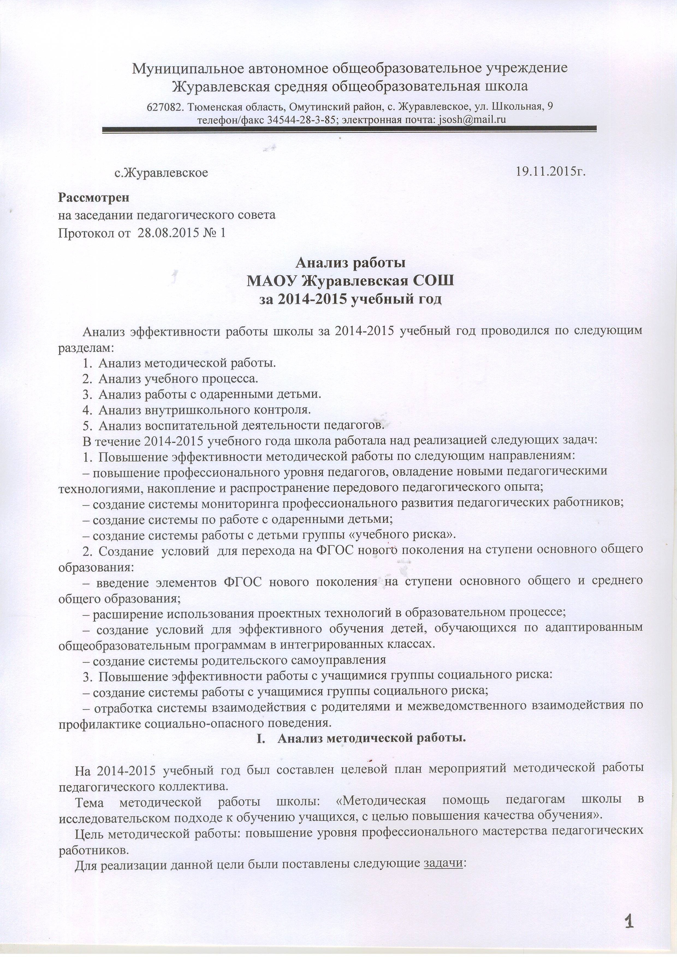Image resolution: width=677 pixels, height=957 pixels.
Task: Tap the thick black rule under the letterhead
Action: coord(349,130)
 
